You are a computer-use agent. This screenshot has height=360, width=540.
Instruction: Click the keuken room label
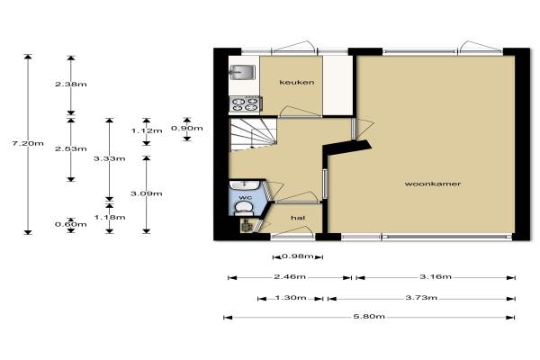click(x=296, y=82)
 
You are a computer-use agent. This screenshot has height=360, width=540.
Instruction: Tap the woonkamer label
click(x=433, y=184)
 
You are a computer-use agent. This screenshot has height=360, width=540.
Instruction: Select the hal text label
click(x=298, y=218)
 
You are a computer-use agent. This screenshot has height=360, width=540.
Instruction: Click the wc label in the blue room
click(x=245, y=197)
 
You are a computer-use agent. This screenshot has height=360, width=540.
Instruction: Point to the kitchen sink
click(x=242, y=72)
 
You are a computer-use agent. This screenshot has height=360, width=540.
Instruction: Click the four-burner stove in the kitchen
click(x=245, y=104)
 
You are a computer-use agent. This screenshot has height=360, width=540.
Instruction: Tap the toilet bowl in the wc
click(x=244, y=207)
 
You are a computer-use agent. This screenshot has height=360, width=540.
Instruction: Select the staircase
click(x=254, y=134)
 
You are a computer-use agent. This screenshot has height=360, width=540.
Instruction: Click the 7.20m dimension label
click(x=28, y=143)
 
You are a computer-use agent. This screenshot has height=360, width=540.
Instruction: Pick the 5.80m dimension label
click(x=369, y=316)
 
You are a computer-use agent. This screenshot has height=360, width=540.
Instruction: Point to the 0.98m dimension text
click(x=298, y=256)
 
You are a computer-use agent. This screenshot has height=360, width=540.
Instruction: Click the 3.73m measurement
click(x=421, y=298)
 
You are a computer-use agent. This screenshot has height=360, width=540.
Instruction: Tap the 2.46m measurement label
click(x=290, y=277)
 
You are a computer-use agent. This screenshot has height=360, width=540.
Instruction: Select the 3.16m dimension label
click(x=436, y=276)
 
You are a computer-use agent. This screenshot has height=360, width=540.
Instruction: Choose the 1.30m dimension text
click(x=291, y=298)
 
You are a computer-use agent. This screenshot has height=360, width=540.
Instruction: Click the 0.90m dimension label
click(x=187, y=128)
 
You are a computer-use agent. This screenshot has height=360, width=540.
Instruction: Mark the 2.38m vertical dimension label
click(x=71, y=84)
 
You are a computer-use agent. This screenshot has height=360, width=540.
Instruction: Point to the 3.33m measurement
click(x=110, y=158)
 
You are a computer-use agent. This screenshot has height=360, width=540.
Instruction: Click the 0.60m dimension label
click(x=71, y=225)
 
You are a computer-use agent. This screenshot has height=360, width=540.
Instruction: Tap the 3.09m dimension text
click(x=147, y=193)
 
